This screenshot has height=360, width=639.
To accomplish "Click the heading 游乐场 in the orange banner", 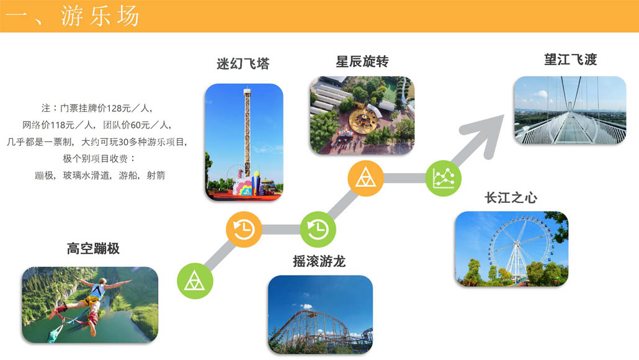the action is [x=101, y=16].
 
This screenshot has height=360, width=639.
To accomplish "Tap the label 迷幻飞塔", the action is [x=243, y=63].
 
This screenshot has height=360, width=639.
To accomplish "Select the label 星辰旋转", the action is [x=362, y=61].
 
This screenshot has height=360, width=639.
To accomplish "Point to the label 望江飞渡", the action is [x=571, y=60].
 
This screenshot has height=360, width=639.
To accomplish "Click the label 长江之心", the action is [x=511, y=198].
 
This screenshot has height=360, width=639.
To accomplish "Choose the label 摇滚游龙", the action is [x=319, y=261].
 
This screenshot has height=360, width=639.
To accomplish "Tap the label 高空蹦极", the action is [x=93, y=248].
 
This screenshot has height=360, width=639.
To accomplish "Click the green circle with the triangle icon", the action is [x=195, y=281].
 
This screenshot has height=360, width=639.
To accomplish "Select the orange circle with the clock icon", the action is [x=244, y=229].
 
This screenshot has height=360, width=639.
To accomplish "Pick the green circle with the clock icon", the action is [x=318, y=229].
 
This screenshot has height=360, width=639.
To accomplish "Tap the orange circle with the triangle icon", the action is [x=365, y=178].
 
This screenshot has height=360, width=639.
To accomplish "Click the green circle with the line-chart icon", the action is [x=444, y=178].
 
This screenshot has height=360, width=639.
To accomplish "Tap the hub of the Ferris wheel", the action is [x=517, y=244].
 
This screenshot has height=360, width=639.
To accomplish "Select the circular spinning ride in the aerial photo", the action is [x=362, y=120].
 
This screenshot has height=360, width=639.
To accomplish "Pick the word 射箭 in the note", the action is [x=156, y=175].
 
